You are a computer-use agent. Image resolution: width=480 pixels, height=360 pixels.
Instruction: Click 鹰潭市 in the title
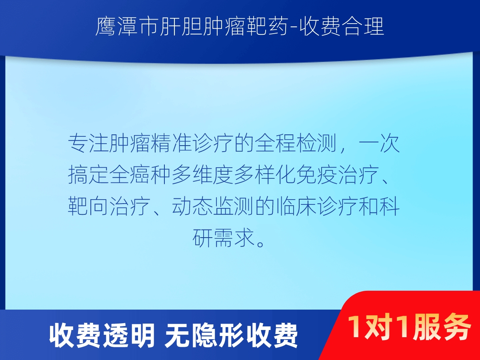coord(126,27)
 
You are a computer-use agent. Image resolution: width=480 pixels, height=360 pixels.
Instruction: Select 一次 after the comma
coord(380,143)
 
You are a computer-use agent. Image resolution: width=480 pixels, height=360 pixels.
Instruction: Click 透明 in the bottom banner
coord(128,335)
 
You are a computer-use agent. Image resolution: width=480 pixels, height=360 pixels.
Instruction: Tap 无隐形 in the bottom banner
coord(204,335)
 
